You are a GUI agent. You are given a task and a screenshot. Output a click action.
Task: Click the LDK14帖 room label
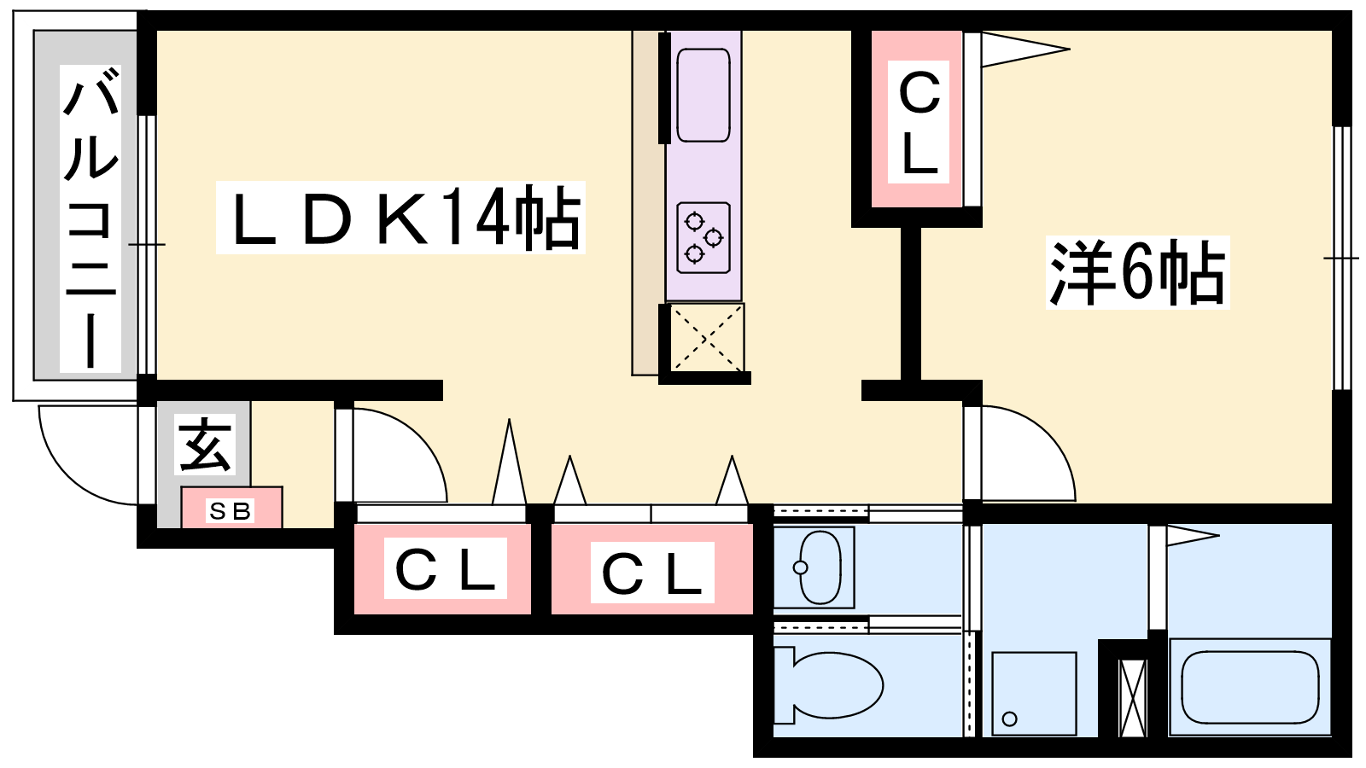point(400,218)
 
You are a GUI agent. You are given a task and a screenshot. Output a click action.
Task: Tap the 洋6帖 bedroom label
point(1137,272)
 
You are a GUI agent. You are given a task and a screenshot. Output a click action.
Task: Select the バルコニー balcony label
point(90,218)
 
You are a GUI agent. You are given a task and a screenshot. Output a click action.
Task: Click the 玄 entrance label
point(205,445)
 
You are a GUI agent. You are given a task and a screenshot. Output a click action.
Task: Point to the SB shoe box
point(231,508)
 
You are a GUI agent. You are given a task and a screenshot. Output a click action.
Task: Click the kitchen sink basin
point(703,96)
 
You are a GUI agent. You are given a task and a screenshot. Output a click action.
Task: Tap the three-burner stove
point(703,238)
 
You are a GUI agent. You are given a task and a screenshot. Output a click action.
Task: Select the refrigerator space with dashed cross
point(707,337)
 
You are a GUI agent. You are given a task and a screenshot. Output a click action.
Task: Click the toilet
point(828,686)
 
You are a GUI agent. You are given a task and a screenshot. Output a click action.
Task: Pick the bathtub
point(1250,687)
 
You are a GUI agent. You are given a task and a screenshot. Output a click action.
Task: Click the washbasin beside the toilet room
point(814,567)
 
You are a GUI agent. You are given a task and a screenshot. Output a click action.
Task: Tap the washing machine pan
point(1034,694)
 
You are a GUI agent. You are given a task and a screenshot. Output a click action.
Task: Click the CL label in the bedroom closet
point(919,122)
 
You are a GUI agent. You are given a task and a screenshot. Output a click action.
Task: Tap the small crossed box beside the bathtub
point(1133,698)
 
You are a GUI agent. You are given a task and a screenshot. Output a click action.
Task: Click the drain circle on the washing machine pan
point(1009,719)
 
